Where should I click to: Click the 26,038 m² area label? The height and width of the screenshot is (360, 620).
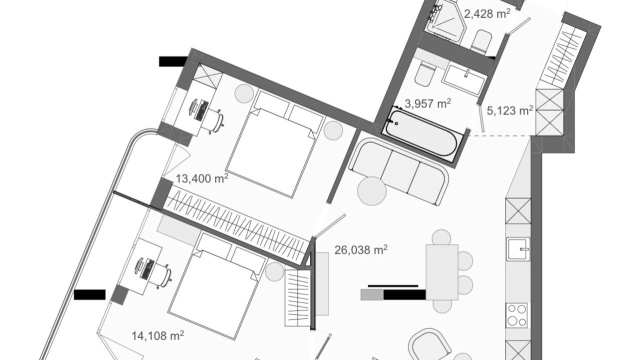tap(361, 250)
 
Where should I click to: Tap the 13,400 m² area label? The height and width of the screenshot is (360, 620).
tap(202, 178)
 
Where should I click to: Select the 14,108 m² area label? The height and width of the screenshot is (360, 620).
tap(158, 335)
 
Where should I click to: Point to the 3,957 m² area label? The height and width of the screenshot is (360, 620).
tap(428, 103)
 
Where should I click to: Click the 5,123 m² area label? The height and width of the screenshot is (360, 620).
tap(510, 110)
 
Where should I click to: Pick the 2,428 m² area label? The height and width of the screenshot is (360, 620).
tap(487, 13)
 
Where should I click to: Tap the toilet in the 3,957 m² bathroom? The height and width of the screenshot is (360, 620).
tap(424, 74)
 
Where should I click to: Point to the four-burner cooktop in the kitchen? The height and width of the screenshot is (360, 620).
tap(516, 315)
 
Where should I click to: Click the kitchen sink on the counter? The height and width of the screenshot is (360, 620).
tap(518, 249)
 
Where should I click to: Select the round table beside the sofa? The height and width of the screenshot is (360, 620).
tap(371, 191)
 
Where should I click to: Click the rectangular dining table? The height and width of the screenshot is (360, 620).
tap(442, 272)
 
